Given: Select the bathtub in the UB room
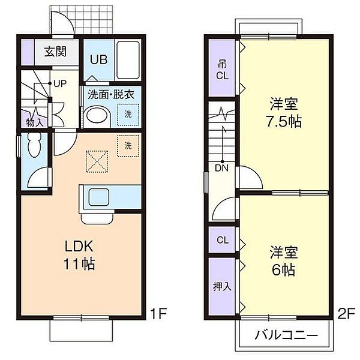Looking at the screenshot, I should coord(126,58).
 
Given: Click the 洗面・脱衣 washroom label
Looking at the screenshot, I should coord(110,94).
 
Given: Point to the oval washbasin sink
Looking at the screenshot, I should coord(97,116).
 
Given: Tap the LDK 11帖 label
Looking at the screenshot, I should coord(80,255).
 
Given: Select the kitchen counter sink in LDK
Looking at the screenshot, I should coord(96,196).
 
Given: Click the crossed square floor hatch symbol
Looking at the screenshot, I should coord(95,160).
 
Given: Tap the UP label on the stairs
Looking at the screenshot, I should coord(59,84).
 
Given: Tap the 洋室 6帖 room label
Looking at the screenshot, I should coord(282,261).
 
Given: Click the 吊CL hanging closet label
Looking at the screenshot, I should coord(223,70).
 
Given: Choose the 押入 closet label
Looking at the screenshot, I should coord(222,286).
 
